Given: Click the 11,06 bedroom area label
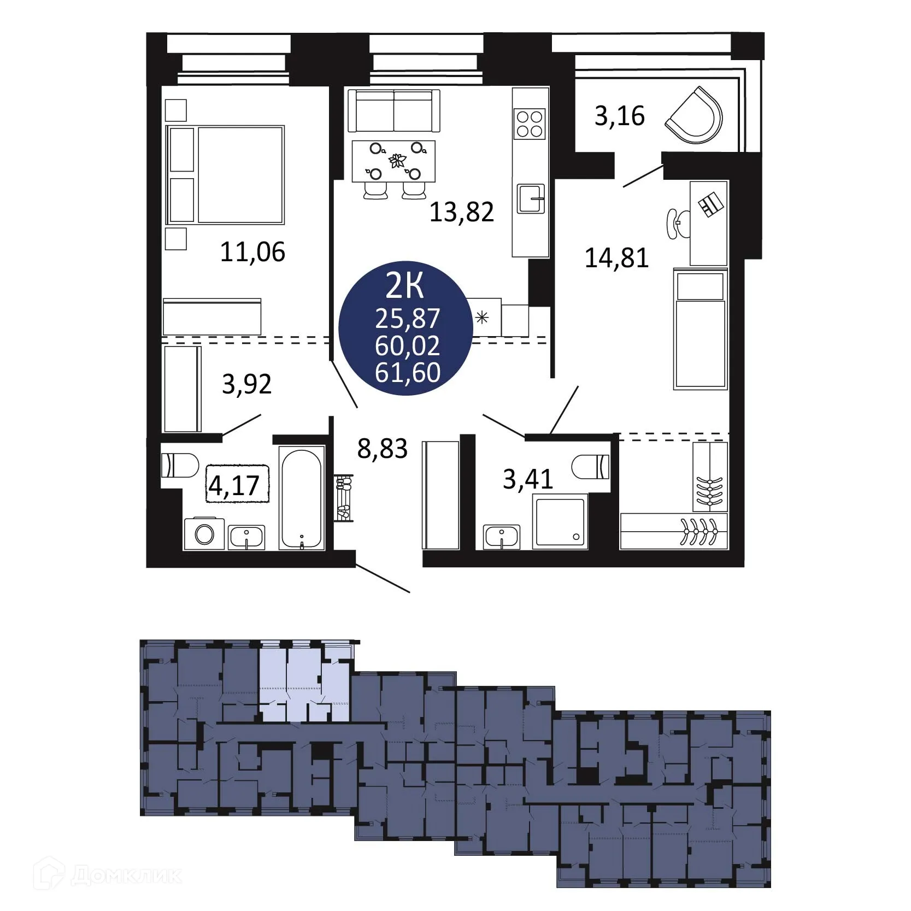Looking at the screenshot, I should point(252,252).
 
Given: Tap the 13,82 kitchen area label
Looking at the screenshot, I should point(462,211).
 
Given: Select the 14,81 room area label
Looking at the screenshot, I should point(616,257).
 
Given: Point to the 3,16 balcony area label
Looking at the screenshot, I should point(620,116).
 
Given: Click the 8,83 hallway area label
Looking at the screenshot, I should point(383,449).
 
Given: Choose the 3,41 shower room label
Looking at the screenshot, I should point(528,479).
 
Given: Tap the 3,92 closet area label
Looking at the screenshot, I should point(246,384).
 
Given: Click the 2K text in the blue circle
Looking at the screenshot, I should point(405,285).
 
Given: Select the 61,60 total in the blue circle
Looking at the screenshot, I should point(408,372).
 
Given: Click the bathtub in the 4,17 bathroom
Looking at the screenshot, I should point(301,497).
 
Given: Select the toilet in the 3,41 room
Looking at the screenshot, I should point(592,467).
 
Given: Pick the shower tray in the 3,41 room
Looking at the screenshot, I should point(560,521).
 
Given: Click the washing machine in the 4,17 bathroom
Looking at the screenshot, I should point(204,533).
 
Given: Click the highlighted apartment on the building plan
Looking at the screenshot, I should point(304,684).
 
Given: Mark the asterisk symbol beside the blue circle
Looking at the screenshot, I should point(482,317).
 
